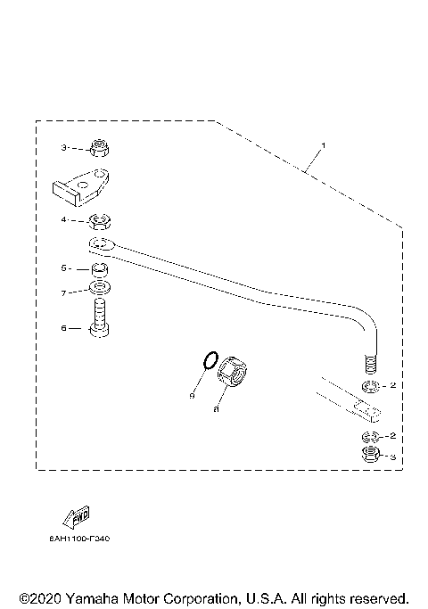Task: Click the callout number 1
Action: coord(324,145)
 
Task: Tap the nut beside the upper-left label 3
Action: coord(100,148)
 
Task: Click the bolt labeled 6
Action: coord(99,320)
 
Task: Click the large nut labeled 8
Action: coord(235,371)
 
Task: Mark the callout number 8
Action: coord(217,410)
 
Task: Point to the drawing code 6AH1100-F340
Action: coord(79,539)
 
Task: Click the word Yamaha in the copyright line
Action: coord(95,597)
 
